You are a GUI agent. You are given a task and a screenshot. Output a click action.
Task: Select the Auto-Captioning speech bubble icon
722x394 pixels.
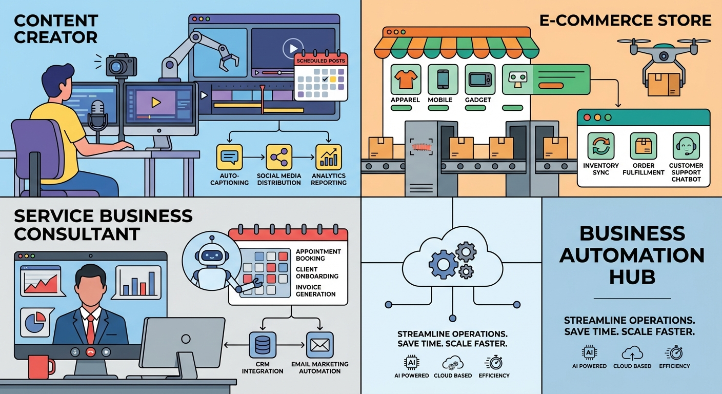point(229,157)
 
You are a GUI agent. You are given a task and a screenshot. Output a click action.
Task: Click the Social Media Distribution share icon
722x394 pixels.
point(279,157)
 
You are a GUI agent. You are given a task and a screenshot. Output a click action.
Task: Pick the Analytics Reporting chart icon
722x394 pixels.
point(329,157)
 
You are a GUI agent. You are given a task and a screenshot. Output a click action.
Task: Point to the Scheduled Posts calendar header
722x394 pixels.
point(321,61)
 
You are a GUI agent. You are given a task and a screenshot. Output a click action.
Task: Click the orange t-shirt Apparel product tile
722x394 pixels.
point(406,80)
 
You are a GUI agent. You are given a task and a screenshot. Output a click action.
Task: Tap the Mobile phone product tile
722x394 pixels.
point(443,80)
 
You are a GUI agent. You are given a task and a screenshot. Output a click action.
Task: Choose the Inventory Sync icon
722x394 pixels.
point(601,147)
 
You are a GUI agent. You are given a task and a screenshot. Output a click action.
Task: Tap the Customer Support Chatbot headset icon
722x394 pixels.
point(686,147)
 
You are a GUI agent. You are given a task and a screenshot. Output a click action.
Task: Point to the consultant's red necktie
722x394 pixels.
point(90,329)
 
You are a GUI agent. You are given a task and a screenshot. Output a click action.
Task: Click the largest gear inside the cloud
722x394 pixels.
point(442,265)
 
